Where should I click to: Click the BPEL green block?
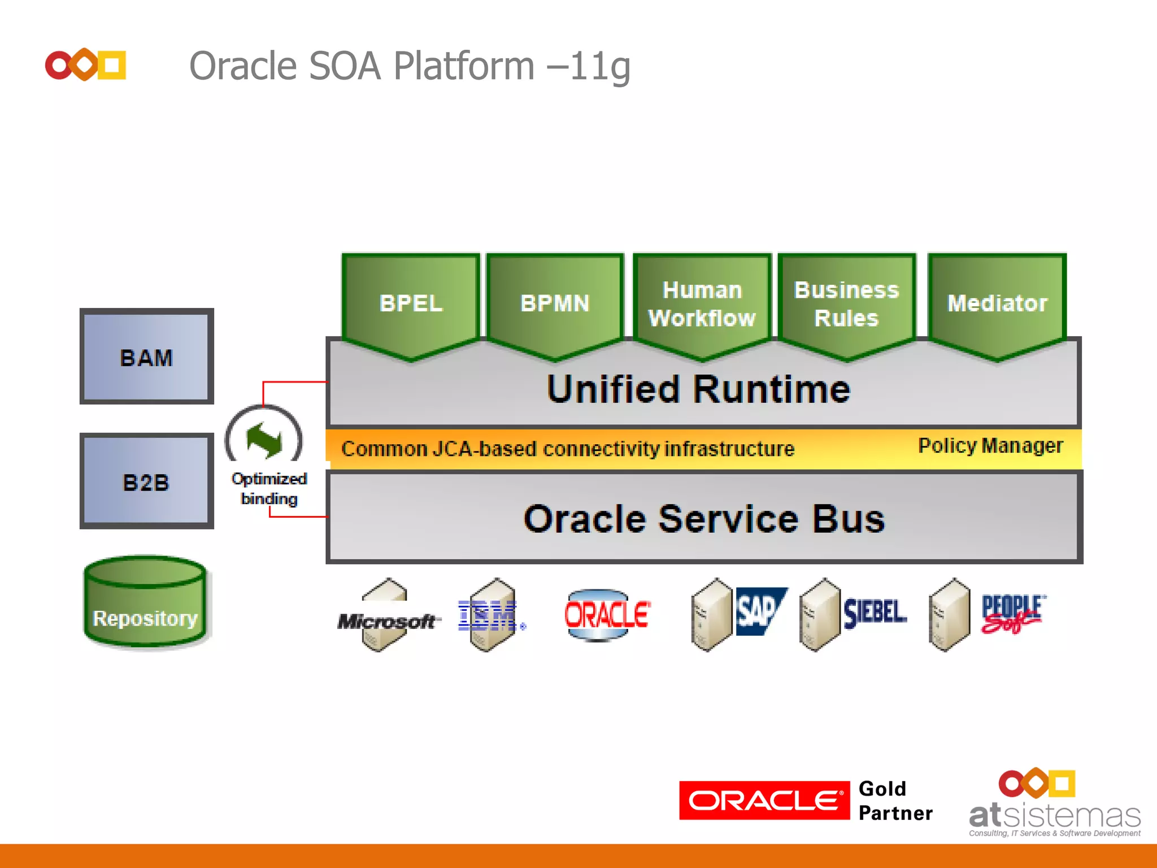click(411, 303)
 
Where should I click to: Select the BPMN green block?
click(555, 303)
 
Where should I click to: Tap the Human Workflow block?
click(702, 304)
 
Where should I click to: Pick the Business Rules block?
click(846, 304)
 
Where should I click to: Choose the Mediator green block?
click(997, 303)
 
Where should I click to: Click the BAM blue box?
click(146, 357)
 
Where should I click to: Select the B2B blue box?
click(146, 482)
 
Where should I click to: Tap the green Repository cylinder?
click(145, 605)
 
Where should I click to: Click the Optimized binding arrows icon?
click(264, 441)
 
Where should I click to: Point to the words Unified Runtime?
click(698, 390)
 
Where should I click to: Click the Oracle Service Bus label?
click(704, 519)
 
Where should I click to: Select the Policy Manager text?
click(990, 446)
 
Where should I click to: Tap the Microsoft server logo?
click(386, 620)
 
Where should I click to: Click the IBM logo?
click(488, 616)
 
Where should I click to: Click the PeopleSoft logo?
click(1012, 614)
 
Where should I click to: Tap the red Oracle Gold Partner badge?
click(764, 801)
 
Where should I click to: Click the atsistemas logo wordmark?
click(1054, 815)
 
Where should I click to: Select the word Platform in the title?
click(463, 66)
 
